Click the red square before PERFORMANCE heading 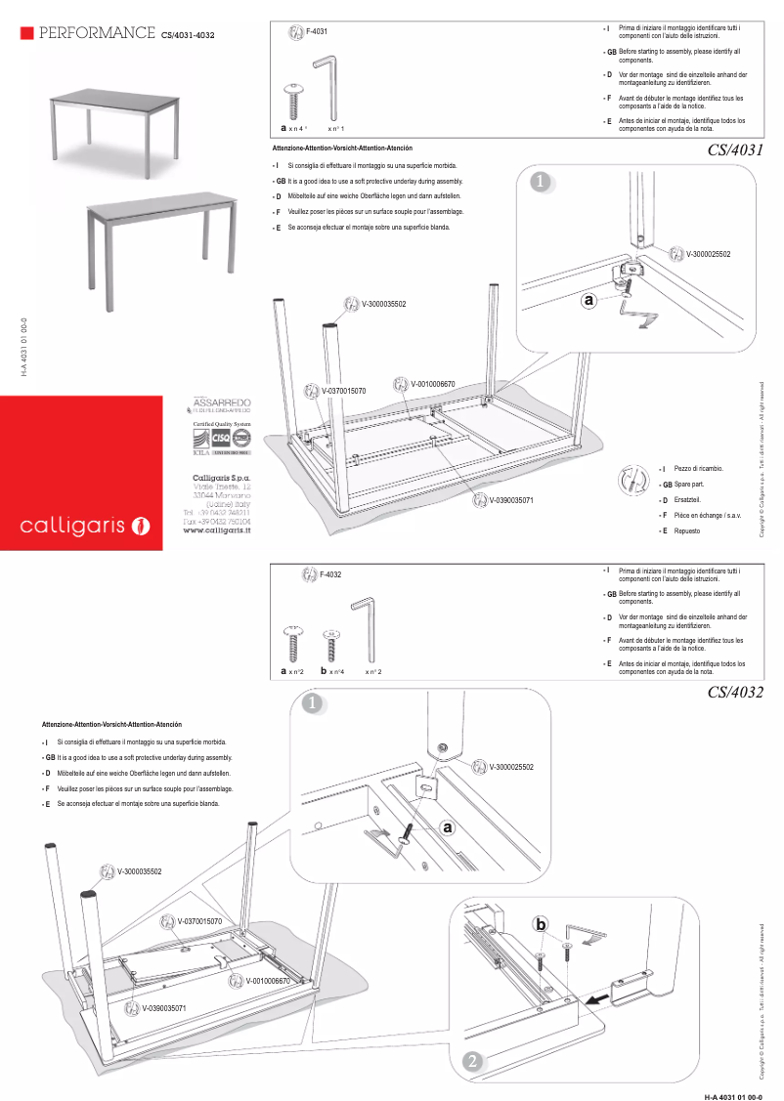pos(26,33)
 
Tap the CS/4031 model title pos(733,150)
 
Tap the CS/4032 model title pos(733,693)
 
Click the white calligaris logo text pos(73,527)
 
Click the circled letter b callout pos(541,924)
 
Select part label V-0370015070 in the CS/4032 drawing pos(199,921)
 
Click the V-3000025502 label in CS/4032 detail pos(511,767)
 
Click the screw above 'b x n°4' pos(330,644)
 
